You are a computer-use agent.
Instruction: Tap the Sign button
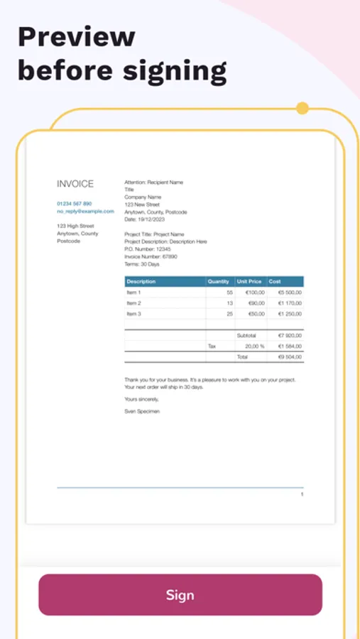point(180,595)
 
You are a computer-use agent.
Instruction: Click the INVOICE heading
point(75,184)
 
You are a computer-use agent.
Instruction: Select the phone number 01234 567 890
point(74,204)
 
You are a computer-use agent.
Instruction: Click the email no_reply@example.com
point(85,211)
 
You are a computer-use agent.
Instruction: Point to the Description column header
point(141,282)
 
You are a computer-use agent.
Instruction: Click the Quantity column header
point(219,282)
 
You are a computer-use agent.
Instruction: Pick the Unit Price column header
point(249,282)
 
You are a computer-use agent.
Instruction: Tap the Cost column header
point(275,282)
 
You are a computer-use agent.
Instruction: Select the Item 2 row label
point(133,303)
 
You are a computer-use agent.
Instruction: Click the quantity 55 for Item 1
point(229,293)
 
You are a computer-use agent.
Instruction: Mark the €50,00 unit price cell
point(256,314)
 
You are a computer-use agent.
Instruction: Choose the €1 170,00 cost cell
point(290,303)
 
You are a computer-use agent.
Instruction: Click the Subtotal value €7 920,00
point(290,335)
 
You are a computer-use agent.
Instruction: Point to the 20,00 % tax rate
point(254,346)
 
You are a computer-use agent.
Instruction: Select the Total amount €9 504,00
point(290,356)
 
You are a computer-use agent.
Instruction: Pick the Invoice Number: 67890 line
point(151,256)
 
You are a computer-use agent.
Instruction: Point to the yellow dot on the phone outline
point(302,109)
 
